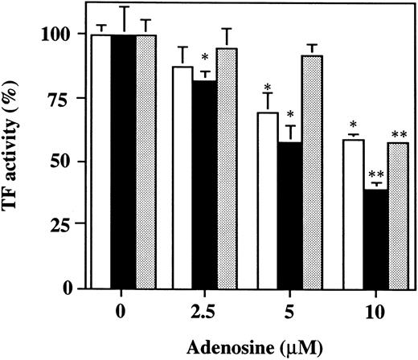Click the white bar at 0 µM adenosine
point(100,161)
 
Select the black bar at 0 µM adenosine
point(121,161)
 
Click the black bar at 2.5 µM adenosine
point(203,184)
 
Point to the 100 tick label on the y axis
point(64,35)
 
